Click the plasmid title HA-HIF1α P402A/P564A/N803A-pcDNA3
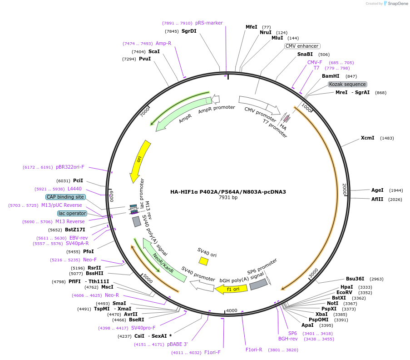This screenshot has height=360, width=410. (228, 191)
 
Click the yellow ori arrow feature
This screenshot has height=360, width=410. (140, 161)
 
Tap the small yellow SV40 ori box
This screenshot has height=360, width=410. (203, 261)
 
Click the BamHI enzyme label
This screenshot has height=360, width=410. (331, 76)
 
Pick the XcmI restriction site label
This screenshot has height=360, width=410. (368, 138)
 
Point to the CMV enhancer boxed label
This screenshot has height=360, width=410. (302, 46)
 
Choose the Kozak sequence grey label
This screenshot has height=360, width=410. (347, 84)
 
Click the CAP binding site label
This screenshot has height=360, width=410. (65, 197)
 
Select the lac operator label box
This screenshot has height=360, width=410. (72, 213)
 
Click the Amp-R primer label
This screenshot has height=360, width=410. (163, 43)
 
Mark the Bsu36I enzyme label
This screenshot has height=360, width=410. (355, 279)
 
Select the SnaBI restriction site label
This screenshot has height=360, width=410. (305, 54)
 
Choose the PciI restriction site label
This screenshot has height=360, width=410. (78, 180)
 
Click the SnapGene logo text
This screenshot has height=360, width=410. (397, 4)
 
